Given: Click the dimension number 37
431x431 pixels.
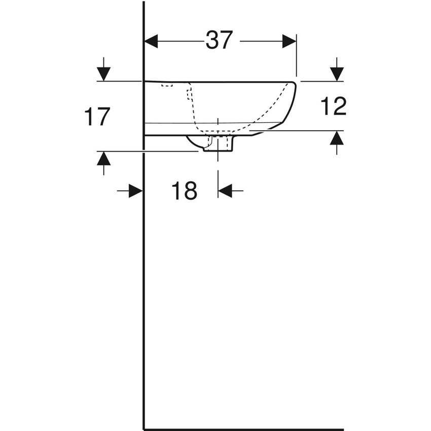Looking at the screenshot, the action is [x=219, y=40].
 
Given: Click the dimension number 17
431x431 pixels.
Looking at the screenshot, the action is [x=97, y=117].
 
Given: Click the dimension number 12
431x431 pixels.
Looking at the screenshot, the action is [x=334, y=106].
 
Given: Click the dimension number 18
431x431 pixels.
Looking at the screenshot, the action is [x=184, y=191].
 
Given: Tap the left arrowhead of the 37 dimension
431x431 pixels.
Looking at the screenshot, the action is [x=152, y=41].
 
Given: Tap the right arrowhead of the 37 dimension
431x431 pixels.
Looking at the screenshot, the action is [x=290, y=41].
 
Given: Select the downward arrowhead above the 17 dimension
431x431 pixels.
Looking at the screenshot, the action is [x=103, y=74].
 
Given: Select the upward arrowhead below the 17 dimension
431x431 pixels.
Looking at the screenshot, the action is [x=103, y=158].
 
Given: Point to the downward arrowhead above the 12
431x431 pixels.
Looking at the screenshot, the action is [x=337, y=74].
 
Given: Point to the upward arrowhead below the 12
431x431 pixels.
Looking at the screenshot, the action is [x=337, y=138].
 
